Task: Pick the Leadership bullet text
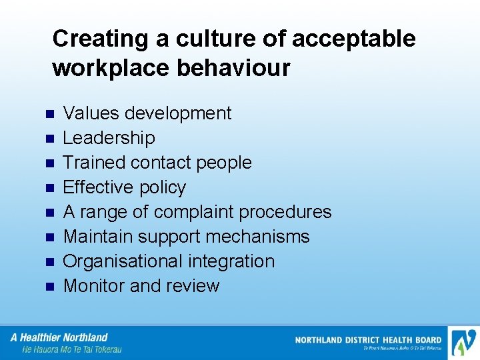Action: point(109,138)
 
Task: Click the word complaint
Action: point(194,212)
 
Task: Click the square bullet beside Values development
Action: point(48,114)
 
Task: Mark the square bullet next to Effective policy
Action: point(48,188)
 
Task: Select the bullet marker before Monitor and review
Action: point(48,287)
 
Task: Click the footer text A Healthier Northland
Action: point(59,337)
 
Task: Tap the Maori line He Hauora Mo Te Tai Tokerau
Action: point(72,349)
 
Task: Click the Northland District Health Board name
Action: point(368,340)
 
